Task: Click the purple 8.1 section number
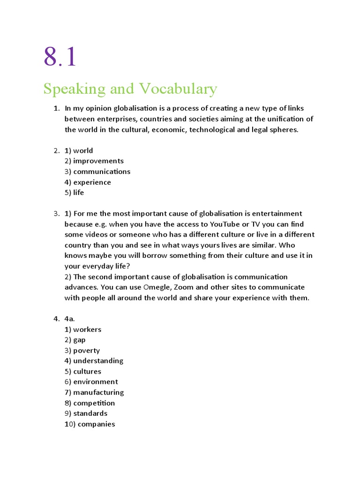click(x=60, y=57)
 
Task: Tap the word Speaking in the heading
click(x=74, y=89)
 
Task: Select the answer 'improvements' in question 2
click(x=98, y=161)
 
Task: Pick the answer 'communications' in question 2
click(x=102, y=172)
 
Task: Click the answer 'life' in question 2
click(x=79, y=193)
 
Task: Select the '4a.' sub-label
click(x=70, y=319)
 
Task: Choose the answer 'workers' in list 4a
click(x=87, y=330)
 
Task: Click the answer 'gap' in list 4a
click(x=79, y=340)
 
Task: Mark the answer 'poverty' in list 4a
click(x=86, y=351)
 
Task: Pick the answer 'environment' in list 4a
click(x=96, y=382)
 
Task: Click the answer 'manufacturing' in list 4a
click(x=98, y=392)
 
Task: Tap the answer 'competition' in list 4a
click(x=94, y=403)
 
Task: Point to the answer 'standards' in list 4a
click(x=90, y=413)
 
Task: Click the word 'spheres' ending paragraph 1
click(x=283, y=130)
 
